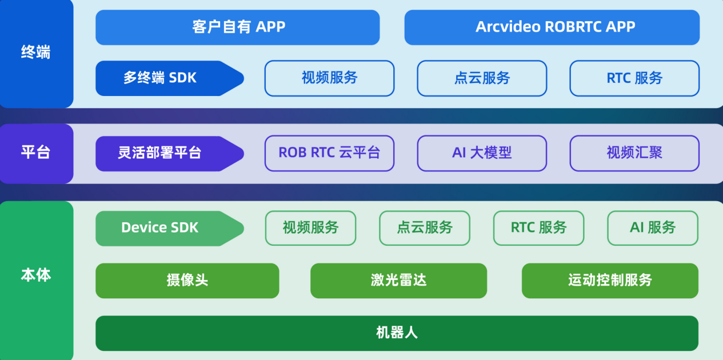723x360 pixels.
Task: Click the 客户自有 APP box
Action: [237, 27]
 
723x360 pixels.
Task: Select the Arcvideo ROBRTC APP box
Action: [552, 27]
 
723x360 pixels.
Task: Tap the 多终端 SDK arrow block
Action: [166, 78]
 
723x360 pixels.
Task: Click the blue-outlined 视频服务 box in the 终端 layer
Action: [329, 78]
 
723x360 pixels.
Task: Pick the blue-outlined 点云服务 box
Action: [482, 78]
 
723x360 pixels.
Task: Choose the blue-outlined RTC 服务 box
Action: [634, 78]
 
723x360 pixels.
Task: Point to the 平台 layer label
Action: [36, 153]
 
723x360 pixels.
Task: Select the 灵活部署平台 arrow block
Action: [166, 153]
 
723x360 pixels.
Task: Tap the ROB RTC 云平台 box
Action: [329, 153]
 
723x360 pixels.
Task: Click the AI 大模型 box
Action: [482, 153]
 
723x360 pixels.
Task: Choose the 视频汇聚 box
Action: [634, 153]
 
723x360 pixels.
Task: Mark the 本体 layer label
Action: [36, 275]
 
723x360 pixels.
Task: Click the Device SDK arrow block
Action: [166, 228]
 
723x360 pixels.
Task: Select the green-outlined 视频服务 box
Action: [310, 228]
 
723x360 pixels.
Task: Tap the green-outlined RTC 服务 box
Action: [538, 228]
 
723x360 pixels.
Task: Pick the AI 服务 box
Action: [652, 228]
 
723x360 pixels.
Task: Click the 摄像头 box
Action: [187, 281]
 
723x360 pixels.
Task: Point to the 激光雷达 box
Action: [398, 281]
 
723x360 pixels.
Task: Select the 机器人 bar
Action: [397, 333]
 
